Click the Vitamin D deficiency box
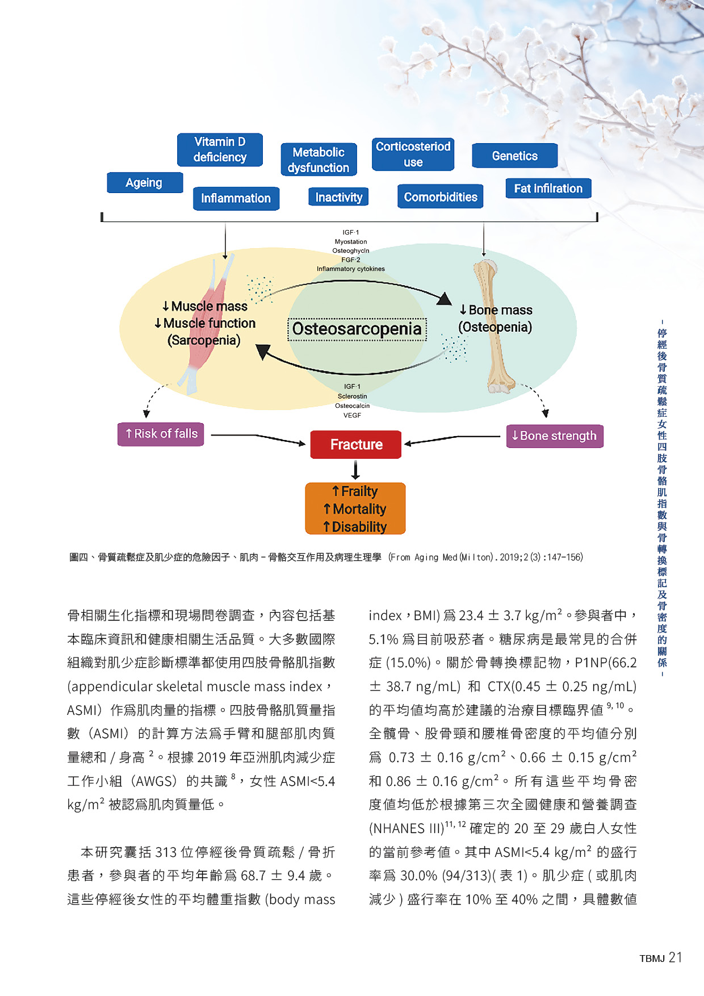pos(220,149)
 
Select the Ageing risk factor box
pos(145,183)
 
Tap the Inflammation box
pos(236,198)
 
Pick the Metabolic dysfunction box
pos(319,160)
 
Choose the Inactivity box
pos(338,197)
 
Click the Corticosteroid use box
pos(413,154)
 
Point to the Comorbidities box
pos(440,196)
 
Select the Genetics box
pos(514,156)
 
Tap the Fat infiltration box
pos(548,189)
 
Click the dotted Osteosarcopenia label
pos(357,329)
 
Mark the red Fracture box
pos(356,444)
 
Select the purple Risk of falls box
pos(161,434)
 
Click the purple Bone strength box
pos(554,436)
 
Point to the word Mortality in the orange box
pos(359,509)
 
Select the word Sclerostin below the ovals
pos(352,396)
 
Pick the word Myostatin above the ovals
pos(351,241)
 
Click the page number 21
pos(675,957)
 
